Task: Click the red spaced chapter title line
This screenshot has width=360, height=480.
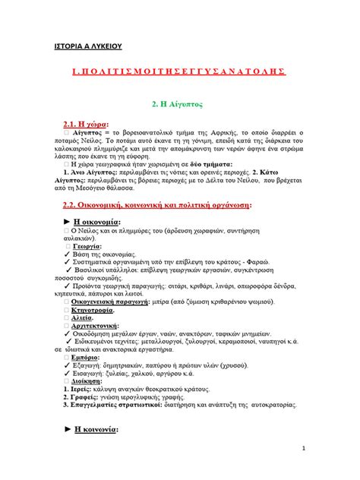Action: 178,71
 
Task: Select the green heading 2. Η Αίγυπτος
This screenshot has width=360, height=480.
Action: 179,101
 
